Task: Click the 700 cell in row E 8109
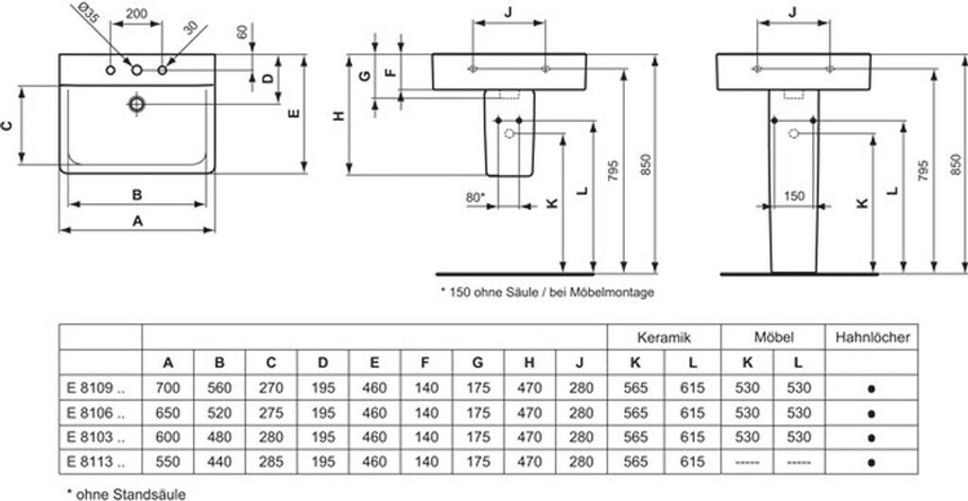pyautogui.click(x=168, y=387)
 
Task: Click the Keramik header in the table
pyautogui.click(x=664, y=337)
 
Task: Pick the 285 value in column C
pyautogui.click(x=271, y=460)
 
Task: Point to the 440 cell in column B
pyautogui.click(x=219, y=460)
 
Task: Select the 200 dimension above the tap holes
pyautogui.click(x=137, y=16)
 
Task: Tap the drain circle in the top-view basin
pyautogui.click(x=138, y=103)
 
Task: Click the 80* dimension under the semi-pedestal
pyautogui.click(x=475, y=197)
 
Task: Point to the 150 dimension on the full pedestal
pyautogui.click(x=794, y=196)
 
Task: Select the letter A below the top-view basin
pyautogui.click(x=137, y=220)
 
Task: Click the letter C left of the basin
pyautogui.click(x=8, y=125)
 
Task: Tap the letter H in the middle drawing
pyautogui.click(x=339, y=116)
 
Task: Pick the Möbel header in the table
pyautogui.click(x=773, y=337)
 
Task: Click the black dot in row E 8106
pyautogui.click(x=872, y=412)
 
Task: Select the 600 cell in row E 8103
pyautogui.click(x=168, y=437)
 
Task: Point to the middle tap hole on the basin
pyautogui.click(x=137, y=70)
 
